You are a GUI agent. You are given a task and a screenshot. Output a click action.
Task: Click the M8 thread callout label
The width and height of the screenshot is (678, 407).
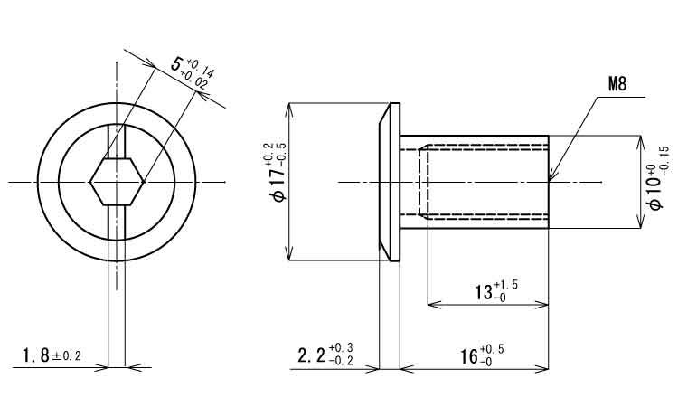617,84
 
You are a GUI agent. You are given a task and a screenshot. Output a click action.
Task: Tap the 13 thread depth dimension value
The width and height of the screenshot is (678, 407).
485,293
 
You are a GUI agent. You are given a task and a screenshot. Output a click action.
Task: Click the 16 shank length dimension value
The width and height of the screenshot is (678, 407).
468,357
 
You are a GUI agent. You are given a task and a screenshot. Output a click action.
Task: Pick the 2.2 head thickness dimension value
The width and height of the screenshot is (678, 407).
311,356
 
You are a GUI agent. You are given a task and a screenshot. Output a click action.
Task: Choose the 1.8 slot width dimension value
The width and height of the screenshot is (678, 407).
36,356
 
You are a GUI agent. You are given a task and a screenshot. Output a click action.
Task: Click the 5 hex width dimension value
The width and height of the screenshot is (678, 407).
176,64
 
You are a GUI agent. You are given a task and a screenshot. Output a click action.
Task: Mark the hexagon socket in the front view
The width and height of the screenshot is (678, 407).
117,182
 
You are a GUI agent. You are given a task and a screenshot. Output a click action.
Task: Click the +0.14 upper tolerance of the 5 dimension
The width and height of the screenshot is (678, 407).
200,70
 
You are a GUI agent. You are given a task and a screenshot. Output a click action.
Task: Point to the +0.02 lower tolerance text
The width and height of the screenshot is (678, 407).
193,80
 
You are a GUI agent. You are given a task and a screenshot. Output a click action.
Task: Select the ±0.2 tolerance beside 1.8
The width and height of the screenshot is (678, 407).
67,356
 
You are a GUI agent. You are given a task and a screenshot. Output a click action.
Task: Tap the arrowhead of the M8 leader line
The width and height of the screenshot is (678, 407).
551,176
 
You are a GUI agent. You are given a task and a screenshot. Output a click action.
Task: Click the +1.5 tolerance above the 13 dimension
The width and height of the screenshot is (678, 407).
505,286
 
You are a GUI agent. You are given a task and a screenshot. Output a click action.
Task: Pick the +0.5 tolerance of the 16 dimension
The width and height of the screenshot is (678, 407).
492,349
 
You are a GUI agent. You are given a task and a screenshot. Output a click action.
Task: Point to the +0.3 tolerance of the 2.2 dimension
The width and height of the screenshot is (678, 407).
341,347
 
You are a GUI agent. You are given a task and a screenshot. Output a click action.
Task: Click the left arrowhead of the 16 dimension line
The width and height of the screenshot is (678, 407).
407,369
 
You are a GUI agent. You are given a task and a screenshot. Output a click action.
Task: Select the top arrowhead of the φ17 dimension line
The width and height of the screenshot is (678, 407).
290,109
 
